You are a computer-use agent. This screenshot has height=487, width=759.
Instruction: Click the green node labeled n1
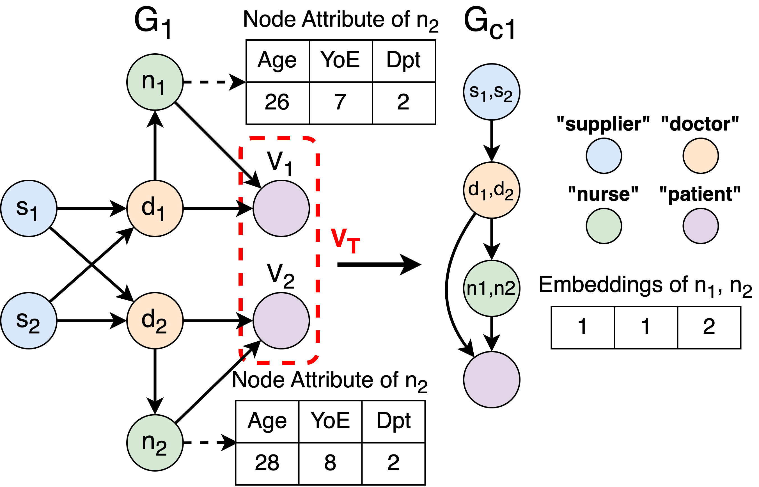pos(155,82)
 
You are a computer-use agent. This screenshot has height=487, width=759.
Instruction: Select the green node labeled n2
pos(155,443)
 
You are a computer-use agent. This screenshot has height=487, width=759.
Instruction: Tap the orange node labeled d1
pos(155,208)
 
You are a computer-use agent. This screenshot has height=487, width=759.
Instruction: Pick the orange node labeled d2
pos(155,321)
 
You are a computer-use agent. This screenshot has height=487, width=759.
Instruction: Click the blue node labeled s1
pos(29,208)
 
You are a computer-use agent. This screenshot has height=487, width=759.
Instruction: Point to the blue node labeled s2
pos(29,321)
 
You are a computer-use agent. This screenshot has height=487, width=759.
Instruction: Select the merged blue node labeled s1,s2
pos(492,92)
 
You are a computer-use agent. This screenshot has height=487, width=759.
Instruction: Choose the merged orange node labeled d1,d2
pos(492,190)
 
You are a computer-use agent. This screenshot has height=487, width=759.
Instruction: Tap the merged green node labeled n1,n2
pos(492,288)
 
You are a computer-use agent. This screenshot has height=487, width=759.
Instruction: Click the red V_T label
pos(345,241)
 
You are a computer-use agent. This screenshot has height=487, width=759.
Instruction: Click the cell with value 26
pos(277,102)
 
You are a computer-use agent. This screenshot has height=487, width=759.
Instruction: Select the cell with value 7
pos(340,102)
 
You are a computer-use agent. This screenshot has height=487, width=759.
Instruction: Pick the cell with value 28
pos(267,463)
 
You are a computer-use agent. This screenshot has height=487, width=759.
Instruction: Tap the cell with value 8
pos(330,463)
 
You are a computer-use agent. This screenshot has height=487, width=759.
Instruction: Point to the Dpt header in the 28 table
pos(394,421)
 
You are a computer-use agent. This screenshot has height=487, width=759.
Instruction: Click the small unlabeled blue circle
pos(604,156)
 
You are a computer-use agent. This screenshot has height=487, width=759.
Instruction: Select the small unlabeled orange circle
pos(701,156)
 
